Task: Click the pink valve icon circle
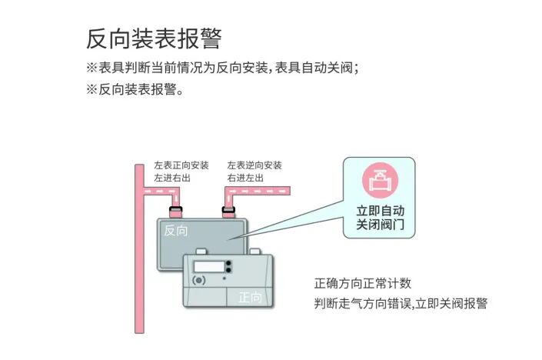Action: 380,182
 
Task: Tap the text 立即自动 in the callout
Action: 380,210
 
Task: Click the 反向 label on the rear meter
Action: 176,229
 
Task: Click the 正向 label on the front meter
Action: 250,297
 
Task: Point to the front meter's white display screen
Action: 208,267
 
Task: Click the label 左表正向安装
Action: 181,165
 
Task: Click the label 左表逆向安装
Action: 254,165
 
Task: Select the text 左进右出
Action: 172,178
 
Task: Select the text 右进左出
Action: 246,178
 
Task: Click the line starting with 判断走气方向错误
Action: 401,303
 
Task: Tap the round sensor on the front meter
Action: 200,281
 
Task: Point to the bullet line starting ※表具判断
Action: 223,68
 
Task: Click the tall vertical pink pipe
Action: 139,254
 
